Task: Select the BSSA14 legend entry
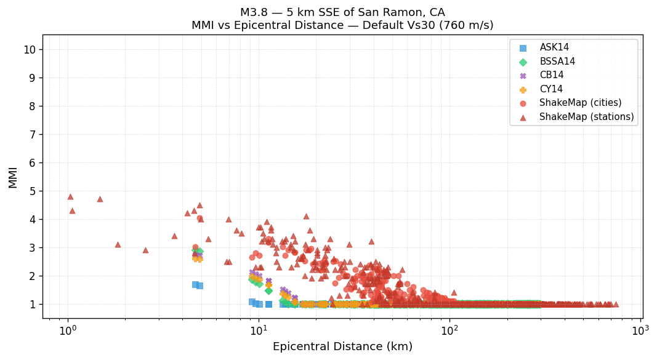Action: click(x=557, y=62)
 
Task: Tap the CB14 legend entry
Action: click(x=551, y=75)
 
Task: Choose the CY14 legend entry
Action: click(x=551, y=89)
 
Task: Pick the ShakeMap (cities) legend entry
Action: click(x=580, y=103)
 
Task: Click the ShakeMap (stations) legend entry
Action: click(x=586, y=117)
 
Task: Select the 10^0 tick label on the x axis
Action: click(x=68, y=330)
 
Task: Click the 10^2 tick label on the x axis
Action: click(x=449, y=330)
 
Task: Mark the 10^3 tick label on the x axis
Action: click(x=640, y=330)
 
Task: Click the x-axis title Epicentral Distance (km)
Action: click(x=342, y=347)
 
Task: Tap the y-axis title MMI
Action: click(x=13, y=177)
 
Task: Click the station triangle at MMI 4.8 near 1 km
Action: click(x=70, y=197)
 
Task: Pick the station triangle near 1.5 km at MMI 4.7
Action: click(x=100, y=199)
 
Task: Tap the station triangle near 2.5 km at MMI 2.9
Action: click(x=145, y=250)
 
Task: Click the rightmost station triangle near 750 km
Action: click(x=615, y=304)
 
